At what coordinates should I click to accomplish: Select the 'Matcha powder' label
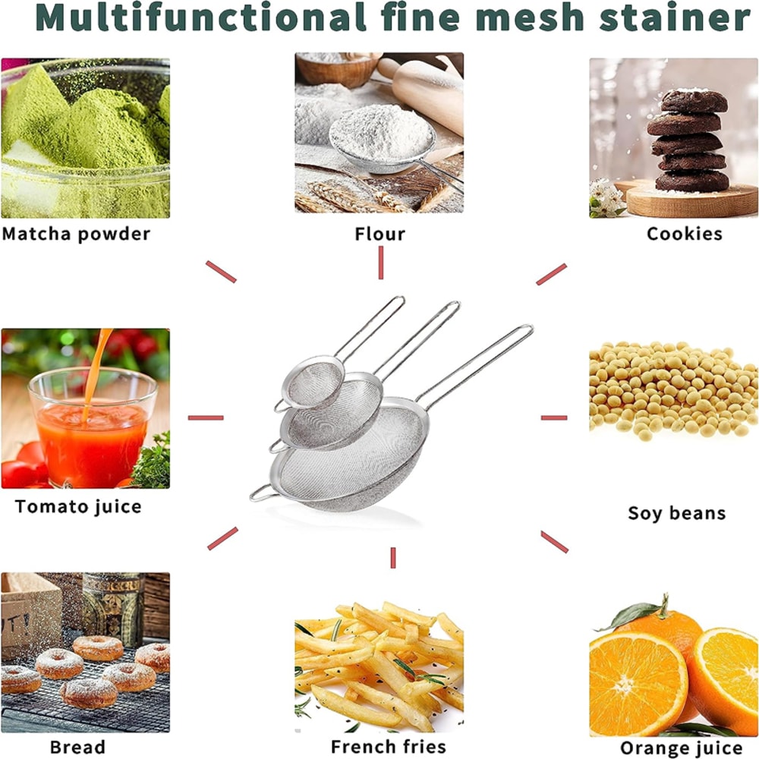(x=76, y=233)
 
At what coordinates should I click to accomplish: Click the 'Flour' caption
(x=379, y=234)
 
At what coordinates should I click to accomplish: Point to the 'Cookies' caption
(x=684, y=234)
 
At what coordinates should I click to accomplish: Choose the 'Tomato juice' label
(x=78, y=506)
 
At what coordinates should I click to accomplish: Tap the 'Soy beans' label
(x=676, y=513)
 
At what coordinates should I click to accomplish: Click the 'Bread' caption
(x=77, y=747)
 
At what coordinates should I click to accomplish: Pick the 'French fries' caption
(x=388, y=746)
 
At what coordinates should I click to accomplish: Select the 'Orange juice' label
(x=681, y=748)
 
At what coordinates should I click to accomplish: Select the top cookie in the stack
(x=694, y=101)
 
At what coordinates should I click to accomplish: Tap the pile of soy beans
(x=672, y=391)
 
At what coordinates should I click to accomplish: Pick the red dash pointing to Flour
(x=380, y=263)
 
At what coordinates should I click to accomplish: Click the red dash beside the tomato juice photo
(x=206, y=417)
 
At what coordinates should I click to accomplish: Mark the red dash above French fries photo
(x=393, y=557)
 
